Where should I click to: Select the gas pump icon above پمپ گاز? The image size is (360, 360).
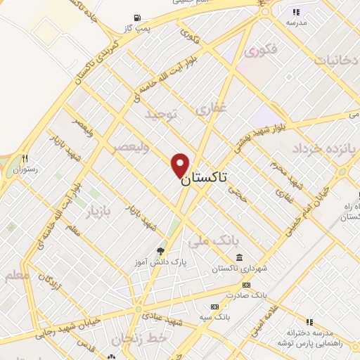tap(136, 18)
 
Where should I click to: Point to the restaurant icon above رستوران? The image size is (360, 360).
tap(25, 158)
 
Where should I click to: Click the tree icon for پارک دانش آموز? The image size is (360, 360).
tap(160, 250)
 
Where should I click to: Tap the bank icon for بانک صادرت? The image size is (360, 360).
tap(245, 284)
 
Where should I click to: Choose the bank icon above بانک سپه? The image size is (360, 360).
tap(214, 307)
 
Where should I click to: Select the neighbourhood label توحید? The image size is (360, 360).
tap(162, 113)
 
